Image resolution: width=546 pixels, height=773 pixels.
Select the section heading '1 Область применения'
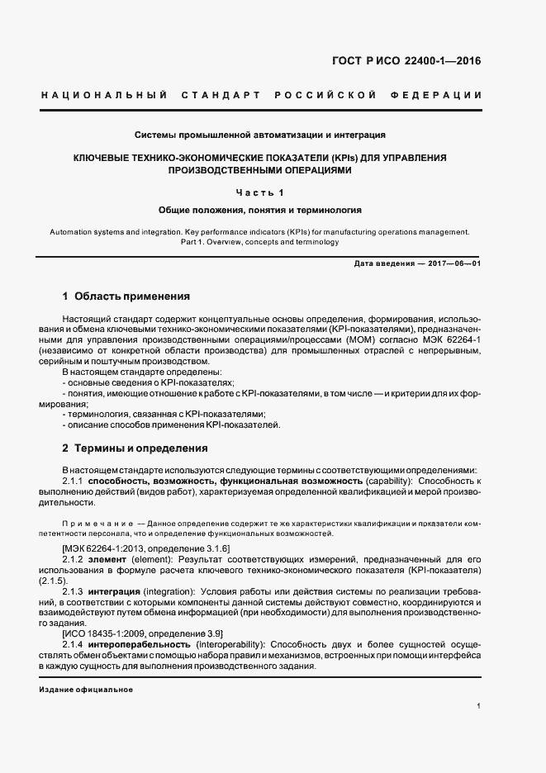click(x=126, y=296)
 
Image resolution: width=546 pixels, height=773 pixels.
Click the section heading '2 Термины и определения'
click(x=135, y=448)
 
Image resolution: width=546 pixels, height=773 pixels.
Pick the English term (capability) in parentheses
click(x=389, y=481)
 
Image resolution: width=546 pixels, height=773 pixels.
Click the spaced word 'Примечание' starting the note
click(x=97, y=524)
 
